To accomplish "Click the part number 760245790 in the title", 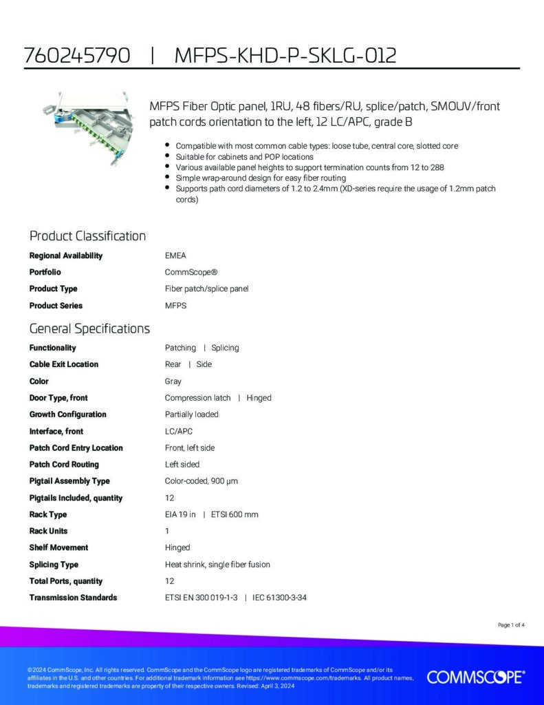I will click(x=77, y=56).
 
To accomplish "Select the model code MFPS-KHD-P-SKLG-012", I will click(x=285, y=56).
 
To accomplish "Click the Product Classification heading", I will click(x=87, y=236).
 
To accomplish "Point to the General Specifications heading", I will click(x=89, y=328).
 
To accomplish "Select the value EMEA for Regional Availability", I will click(x=175, y=255).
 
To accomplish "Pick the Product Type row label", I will click(x=53, y=288).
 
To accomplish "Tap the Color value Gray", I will click(x=173, y=381).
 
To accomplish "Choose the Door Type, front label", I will click(x=58, y=397).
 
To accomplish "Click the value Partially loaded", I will click(x=191, y=414).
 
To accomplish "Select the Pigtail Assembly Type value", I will click(x=201, y=481).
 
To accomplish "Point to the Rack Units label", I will click(x=48, y=531).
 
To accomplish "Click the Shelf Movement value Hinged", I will click(x=177, y=547).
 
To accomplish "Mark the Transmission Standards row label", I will click(x=73, y=598).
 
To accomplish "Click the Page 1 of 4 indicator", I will click(x=511, y=625).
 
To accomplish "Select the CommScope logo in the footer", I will click(x=476, y=677).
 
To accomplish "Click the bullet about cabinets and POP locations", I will click(x=244, y=156).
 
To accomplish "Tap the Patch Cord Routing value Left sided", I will click(x=182, y=464).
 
